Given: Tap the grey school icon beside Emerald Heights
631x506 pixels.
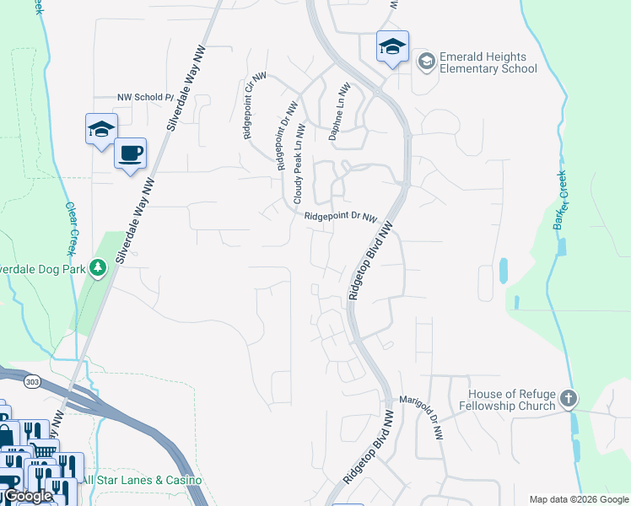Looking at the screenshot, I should [x=426, y=61].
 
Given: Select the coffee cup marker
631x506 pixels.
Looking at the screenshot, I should [x=130, y=154].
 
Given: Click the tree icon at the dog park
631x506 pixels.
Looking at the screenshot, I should [x=99, y=268].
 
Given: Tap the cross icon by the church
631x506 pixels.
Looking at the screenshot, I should [x=569, y=398].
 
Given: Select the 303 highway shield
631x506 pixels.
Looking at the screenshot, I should [x=32, y=381].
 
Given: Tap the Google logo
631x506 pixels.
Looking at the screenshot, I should [x=27, y=496].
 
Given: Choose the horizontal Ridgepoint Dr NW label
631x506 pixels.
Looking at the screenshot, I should [x=340, y=217].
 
